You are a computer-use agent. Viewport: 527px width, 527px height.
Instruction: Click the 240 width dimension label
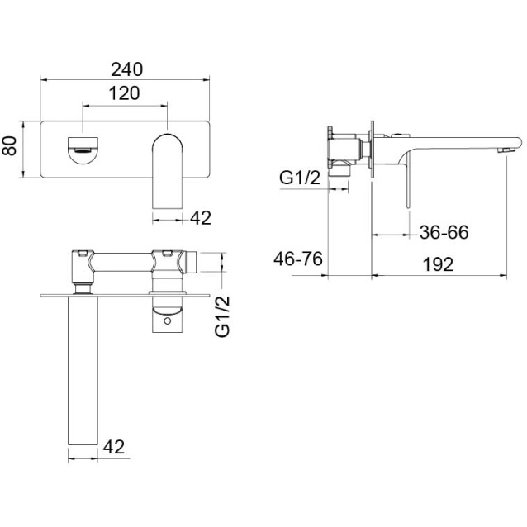(x=126, y=69)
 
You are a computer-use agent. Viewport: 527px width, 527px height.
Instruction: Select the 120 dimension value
(x=124, y=93)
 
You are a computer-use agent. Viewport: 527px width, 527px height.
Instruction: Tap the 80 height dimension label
(x=9, y=145)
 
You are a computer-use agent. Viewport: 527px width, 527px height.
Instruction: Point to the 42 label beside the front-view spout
(x=201, y=218)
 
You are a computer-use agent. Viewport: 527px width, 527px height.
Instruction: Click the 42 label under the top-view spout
(x=114, y=447)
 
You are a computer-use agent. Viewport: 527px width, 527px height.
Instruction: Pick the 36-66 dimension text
(x=444, y=232)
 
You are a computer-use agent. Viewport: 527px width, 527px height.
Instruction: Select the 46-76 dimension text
(x=298, y=259)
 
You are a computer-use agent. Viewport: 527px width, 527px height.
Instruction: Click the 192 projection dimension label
(x=438, y=264)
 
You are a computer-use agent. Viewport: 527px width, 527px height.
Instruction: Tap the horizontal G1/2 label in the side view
(x=300, y=178)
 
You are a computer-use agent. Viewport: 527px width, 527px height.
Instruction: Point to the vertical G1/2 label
(x=222, y=316)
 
